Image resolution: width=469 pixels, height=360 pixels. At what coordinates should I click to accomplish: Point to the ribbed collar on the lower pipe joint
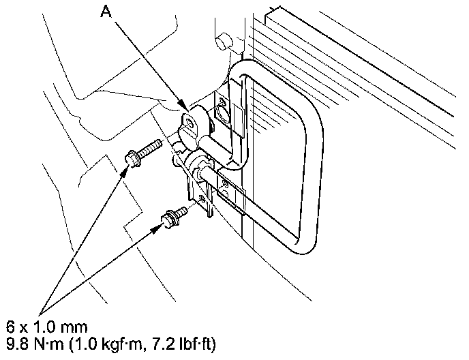199,164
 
